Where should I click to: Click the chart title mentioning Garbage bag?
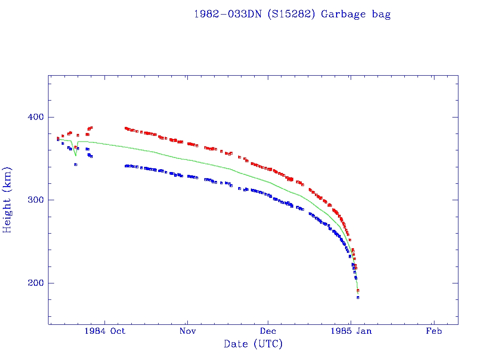click(x=292, y=14)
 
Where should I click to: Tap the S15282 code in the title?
click(x=291, y=14)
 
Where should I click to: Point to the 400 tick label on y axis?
click(x=34, y=117)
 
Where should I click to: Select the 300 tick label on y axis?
click(x=34, y=200)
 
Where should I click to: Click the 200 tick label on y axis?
click(x=34, y=283)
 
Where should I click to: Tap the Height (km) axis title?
click(x=8, y=200)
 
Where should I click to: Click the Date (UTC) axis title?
click(x=253, y=344)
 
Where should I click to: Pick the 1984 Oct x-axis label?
click(x=105, y=331)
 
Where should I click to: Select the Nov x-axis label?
click(x=187, y=331)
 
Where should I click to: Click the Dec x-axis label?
click(x=268, y=331)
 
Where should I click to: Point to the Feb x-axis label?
click(x=434, y=331)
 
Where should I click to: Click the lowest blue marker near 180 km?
click(x=358, y=298)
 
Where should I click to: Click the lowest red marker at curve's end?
click(x=358, y=290)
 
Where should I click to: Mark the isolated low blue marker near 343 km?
click(x=76, y=165)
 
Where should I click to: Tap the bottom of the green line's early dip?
click(x=76, y=156)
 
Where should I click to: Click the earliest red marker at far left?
click(x=58, y=138)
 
